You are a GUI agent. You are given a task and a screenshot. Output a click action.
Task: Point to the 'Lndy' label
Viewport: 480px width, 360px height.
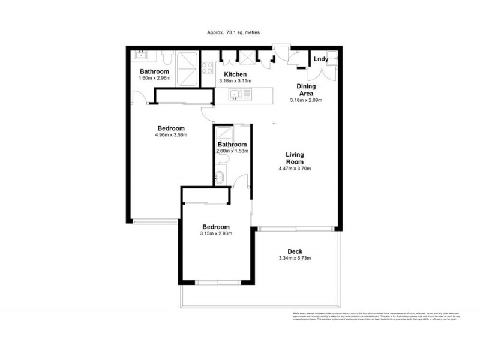(321, 59)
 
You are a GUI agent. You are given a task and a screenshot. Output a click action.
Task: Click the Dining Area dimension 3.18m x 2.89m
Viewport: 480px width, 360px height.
(306, 100)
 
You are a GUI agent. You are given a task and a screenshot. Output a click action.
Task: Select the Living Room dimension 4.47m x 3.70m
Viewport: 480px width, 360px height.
(294, 169)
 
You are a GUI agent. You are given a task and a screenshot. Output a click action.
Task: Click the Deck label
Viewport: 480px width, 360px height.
(294, 251)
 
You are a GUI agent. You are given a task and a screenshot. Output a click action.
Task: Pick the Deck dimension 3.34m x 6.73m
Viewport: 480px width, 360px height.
(294, 259)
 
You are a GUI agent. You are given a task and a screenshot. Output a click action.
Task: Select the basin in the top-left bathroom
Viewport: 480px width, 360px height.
(142, 55)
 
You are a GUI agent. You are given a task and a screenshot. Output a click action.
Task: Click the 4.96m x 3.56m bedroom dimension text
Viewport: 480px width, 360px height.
(171, 135)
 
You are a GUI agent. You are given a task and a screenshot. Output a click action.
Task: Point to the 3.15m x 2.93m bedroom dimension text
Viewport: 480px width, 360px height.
(215, 234)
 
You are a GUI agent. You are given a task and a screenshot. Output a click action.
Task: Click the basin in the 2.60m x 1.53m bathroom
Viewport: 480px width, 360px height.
(219, 177)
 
